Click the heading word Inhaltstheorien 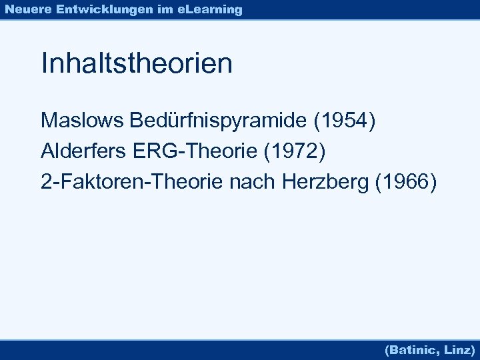click(x=137, y=64)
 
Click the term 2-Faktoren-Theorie click(x=132, y=181)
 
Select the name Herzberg click(x=327, y=181)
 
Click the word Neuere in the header click(x=27, y=9)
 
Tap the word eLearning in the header click(x=210, y=9)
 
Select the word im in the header click(x=163, y=9)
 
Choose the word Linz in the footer click(x=459, y=349)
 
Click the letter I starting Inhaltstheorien click(x=44, y=64)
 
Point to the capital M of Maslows click(x=49, y=121)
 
